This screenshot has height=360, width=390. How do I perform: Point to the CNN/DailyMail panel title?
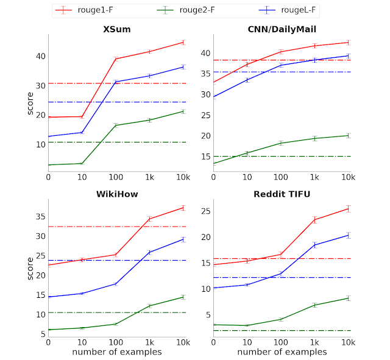coord(281,29)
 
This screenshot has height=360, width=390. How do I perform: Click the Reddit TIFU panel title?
coord(281,194)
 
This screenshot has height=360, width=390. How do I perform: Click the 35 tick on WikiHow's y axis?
coord(40,216)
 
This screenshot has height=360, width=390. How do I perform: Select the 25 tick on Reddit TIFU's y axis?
coord(205,211)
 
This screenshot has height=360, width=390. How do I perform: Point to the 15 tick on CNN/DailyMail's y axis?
coord(205,157)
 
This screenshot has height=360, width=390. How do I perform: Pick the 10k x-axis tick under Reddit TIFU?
coord(348,342)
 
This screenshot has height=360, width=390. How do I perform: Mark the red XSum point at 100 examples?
coord(116,58)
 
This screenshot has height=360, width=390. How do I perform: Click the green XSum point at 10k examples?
coord(183,111)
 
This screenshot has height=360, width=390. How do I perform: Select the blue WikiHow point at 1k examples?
coord(149,252)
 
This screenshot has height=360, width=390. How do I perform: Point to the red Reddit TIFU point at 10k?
coord(348,208)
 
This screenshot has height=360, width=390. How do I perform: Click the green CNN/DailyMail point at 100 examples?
coord(281,143)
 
